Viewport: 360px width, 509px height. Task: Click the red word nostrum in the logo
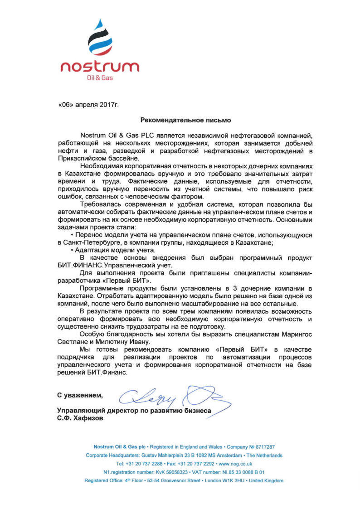(100, 67)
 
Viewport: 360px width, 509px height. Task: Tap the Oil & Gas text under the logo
(100, 78)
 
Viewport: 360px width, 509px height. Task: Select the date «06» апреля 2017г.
(88, 105)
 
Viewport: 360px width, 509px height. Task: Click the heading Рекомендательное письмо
(186, 120)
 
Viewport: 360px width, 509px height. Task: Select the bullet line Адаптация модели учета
(115, 250)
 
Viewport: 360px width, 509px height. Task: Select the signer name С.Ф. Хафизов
(80, 418)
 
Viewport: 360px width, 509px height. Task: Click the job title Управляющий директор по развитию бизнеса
(134, 410)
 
